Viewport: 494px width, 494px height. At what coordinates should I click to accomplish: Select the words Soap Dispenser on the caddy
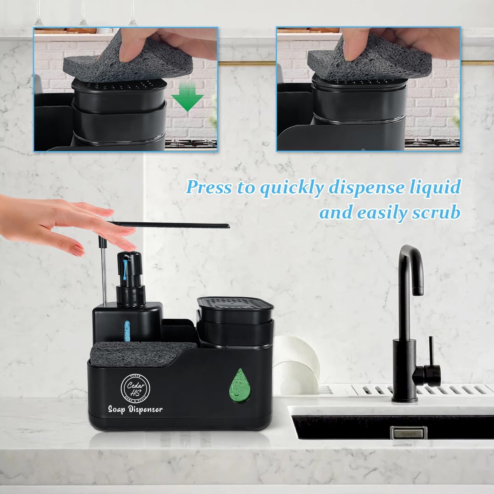(135, 409)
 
